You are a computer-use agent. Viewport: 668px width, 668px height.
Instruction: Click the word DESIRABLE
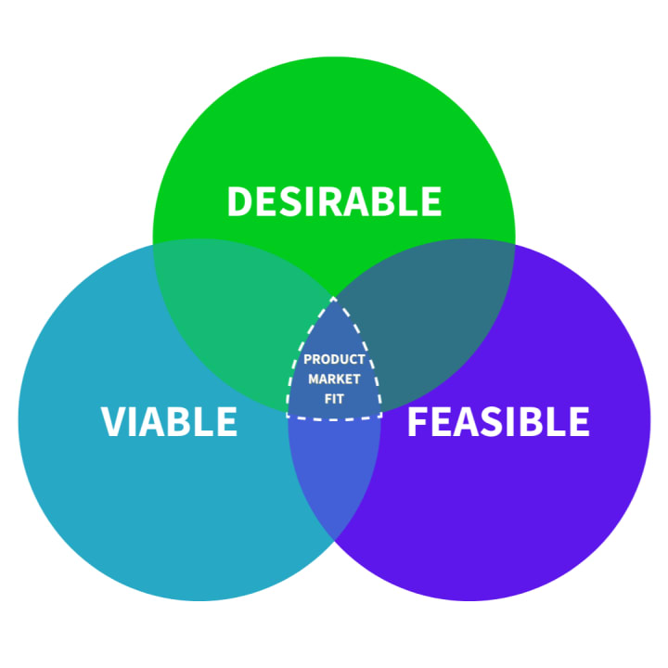pyautogui.click(x=334, y=201)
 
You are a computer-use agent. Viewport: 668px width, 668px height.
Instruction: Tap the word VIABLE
pyautogui.click(x=169, y=421)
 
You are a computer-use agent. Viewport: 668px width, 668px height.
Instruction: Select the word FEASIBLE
pyautogui.click(x=498, y=421)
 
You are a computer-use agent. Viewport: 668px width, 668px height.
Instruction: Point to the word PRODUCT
pyautogui.click(x=334, y=359)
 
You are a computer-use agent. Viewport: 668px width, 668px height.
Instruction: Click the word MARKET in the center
pyautogui.click(x=334, y=379)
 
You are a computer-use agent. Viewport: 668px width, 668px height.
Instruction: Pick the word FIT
pyautogui.click(x=334, y=400)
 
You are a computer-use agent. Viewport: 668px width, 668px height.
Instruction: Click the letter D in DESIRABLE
pyautogui.click(x=240, y=201)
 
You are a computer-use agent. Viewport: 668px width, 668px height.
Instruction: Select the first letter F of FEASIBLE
pyautogui.click(x=417, y=421)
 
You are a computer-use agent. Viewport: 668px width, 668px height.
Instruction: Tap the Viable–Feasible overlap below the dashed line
pyautogui.click(x=334, y=473)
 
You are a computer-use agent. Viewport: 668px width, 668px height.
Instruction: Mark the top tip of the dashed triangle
pyautogui.click(x=334, y=298)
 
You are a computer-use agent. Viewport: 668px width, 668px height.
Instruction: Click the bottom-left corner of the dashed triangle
pyautogui.click(x=287, y=415)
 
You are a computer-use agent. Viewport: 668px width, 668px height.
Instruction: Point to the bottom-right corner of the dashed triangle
pyautogui.click(x=381, y=415)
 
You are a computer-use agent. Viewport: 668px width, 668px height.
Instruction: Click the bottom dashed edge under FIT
pyautogui.click(x=334, y=419)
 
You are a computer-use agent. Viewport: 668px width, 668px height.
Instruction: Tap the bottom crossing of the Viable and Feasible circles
pyautogui.click(x=334, y=543)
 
